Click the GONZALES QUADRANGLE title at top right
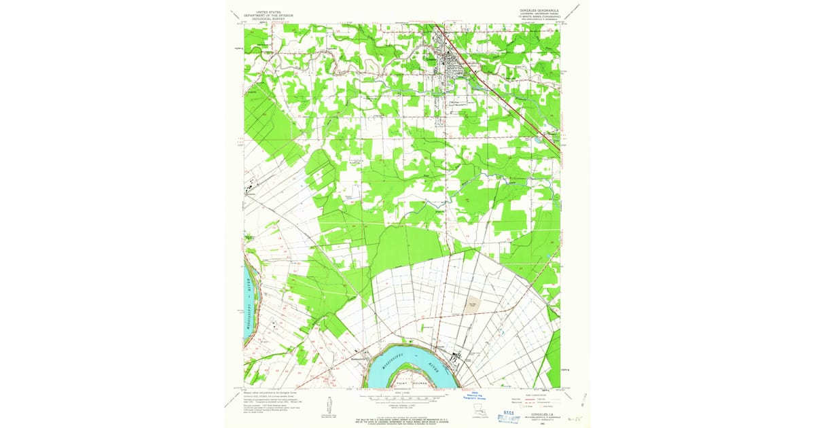(x=536, y=11)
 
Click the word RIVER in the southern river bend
(x=434, y=371)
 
